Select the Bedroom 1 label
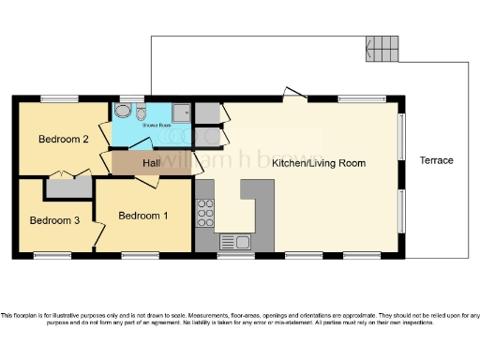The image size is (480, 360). click(x=143, y=216)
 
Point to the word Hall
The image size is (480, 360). click(x=151, y=163)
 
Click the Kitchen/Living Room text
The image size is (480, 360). click(x=319, y=163)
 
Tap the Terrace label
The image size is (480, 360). click(x=436, y=160)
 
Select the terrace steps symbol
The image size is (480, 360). click(x=382, y=47)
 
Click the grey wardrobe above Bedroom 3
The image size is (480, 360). click(x=68, y=186)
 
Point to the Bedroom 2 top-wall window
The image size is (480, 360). click(x=59, y=97)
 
